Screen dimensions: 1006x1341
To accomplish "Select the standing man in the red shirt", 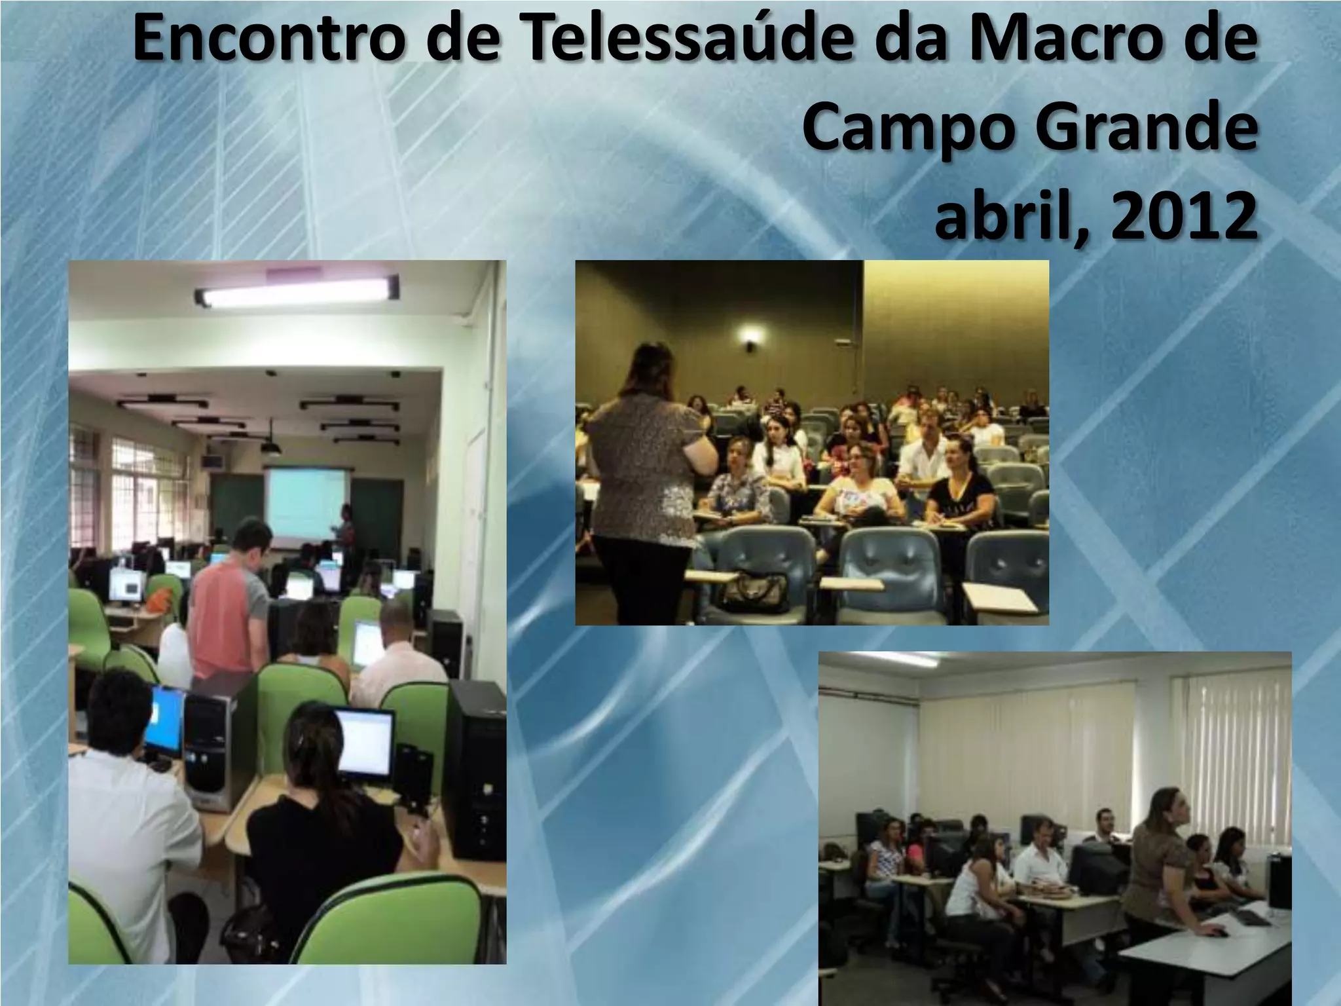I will pos(232,603).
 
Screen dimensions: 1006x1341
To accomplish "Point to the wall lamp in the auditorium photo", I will pos(750,339).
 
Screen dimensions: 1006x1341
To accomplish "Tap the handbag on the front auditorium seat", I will pos(753,593).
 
